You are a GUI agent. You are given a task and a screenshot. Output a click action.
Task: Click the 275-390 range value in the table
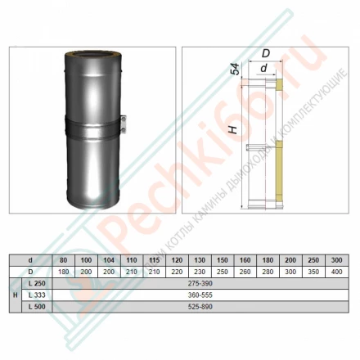pyautogui.click(x=201, y=281)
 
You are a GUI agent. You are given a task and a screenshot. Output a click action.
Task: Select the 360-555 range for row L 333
pyautogui.click(x=201, y=293)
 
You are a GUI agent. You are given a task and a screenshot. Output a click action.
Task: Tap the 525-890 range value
pyautogui.click(x=201, y=305)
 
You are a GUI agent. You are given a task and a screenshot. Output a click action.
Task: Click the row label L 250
pyautogui.click(x=36, y=281)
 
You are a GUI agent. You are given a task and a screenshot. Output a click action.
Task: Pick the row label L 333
pyautogui.click(x=36, y=293)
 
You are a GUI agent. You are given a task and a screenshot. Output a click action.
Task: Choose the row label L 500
pyautogui.click(x=36, y=305)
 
